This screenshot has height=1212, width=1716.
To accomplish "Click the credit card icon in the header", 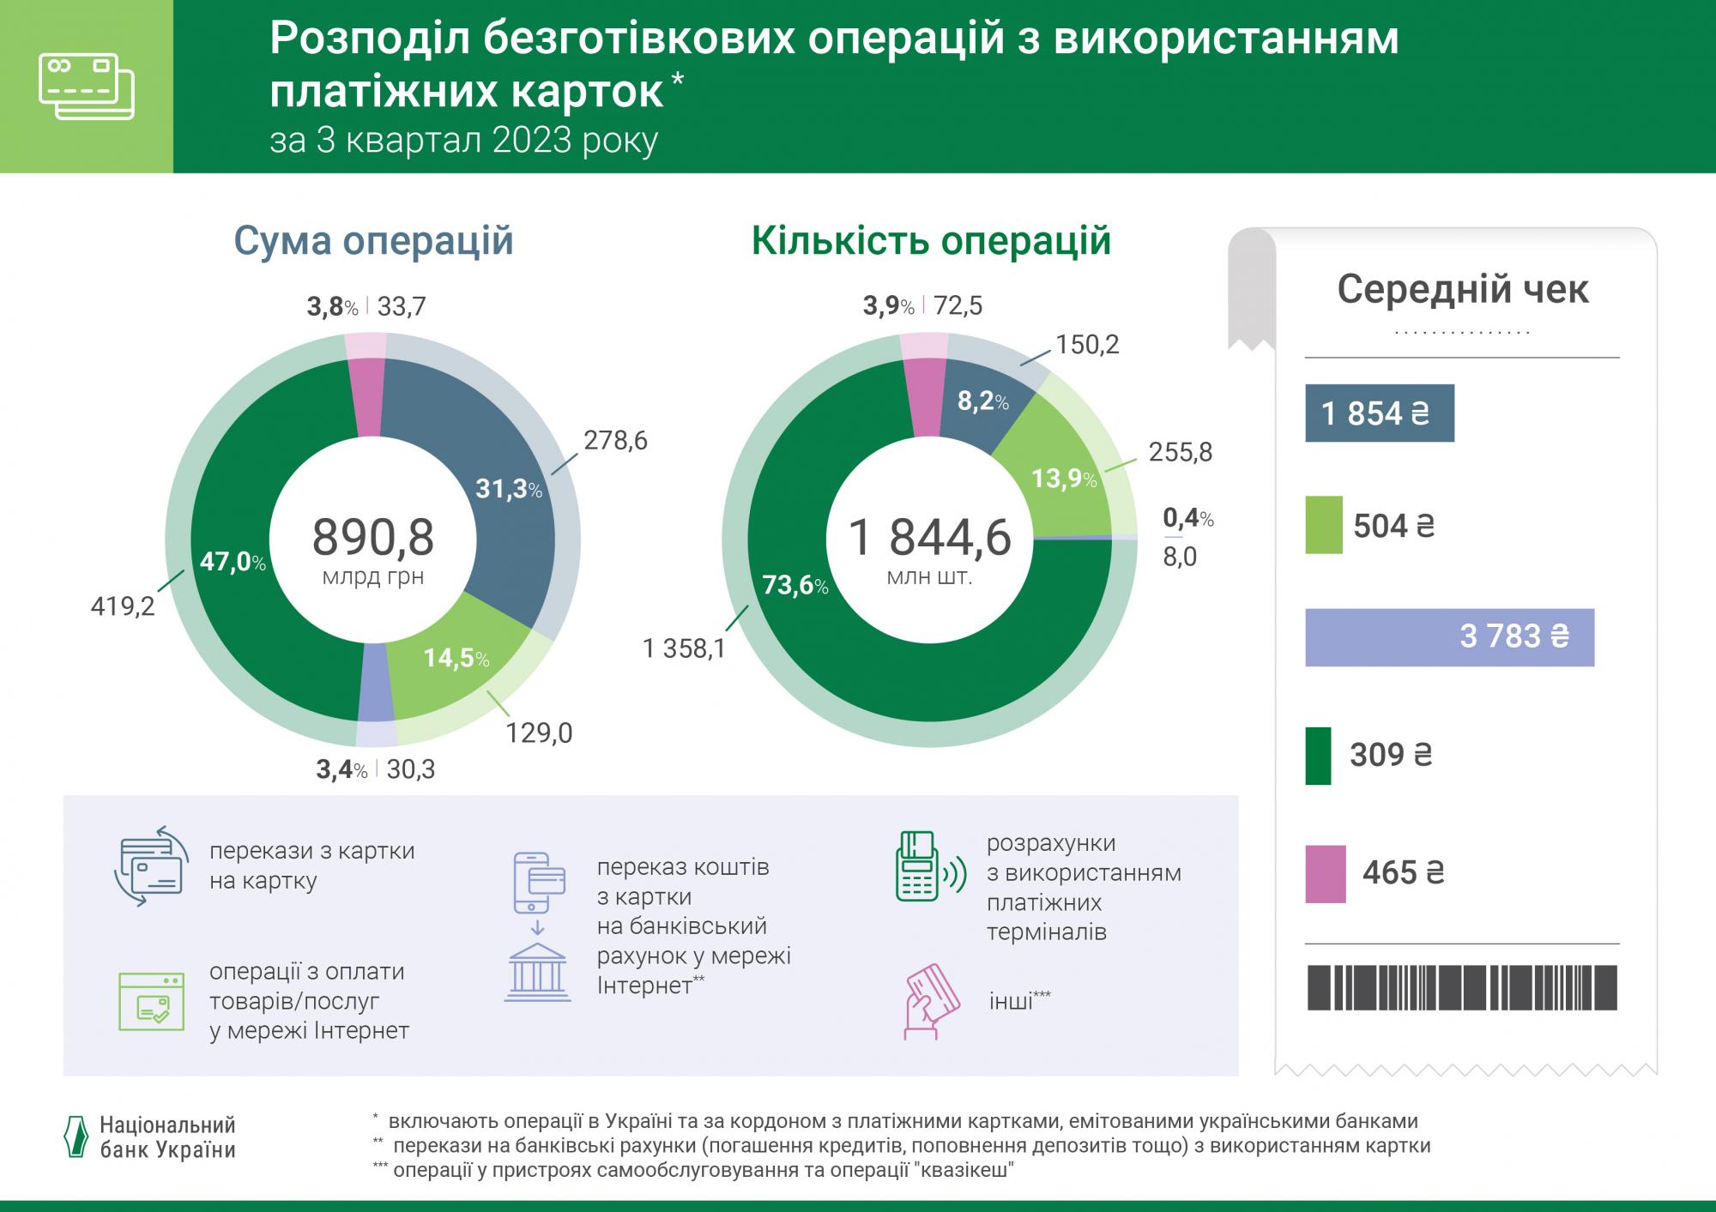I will (x=87, y=87).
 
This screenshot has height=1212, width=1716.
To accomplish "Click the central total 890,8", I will (x=372, y=538).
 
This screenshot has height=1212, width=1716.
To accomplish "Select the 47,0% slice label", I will (x=233, y=563).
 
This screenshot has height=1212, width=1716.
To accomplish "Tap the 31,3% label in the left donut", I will (x=509, y=490).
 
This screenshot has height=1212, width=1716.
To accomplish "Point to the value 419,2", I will (x=123, y=607).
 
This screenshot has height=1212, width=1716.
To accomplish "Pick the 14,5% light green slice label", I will (x=456, y=659).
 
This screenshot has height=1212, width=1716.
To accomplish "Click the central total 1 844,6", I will (x=929, y=538).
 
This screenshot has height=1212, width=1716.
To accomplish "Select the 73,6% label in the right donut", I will (x=795, y=587).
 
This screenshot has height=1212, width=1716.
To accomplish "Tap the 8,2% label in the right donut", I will (x=982, y=401).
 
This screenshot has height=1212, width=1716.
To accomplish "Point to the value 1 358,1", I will (x=684, y=648).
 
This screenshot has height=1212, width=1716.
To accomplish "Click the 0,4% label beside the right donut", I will (x=1187, y=518).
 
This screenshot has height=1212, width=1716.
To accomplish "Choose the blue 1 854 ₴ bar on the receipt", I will (x=1379, y=413).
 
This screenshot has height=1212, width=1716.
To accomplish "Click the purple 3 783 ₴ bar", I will (x=1449, y=637).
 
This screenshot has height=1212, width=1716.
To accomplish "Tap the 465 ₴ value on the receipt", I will (x=1403, y=873).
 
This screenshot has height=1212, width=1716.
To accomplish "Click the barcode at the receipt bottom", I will (x=1461, y=987).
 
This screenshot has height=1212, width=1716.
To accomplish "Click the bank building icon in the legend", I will (x=537, y=973).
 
